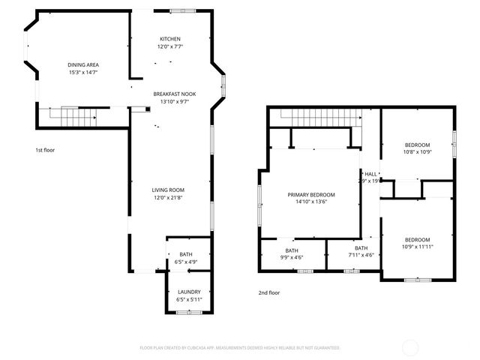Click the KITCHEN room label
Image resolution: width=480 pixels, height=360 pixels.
pyautogui.click(x=170, y=39)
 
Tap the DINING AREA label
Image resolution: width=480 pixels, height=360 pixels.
pyautogui.click(x=83, y=65)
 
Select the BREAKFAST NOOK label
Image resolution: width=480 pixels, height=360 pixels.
pyautogui.click(x=175, y=94)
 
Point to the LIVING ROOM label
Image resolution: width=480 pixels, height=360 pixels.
pyautogui.click(x=169, y=190)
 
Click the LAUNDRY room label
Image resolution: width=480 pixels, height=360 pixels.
pyautogui.click(x=189, y=292)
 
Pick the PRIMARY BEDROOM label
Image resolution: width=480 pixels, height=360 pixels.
pyautogui.click(x=311, y=194)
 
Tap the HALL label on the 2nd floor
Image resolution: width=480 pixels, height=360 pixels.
pyautogui.click(x=370, y=173)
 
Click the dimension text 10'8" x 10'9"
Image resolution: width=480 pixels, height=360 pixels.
pyautogui.click(x=418, y=152)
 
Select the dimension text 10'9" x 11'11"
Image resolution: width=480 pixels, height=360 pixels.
pyautogui.click(x=418, y=247)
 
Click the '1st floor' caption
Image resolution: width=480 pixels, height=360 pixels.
pyautogui.click(x=45, y=150)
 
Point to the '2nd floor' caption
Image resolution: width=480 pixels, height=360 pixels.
pyautogui.click(x=269, y=292)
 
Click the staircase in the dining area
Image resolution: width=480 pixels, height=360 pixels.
pyautogui.click(x=79, y=117)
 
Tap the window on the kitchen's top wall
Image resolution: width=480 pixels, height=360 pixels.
pyautogui.click(x=182, y=11)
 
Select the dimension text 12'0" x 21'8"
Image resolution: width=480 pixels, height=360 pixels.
pyautogui.click(x=169, y=197)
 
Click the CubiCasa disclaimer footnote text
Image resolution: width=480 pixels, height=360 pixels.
pyautogui.click(x=240, y=348)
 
